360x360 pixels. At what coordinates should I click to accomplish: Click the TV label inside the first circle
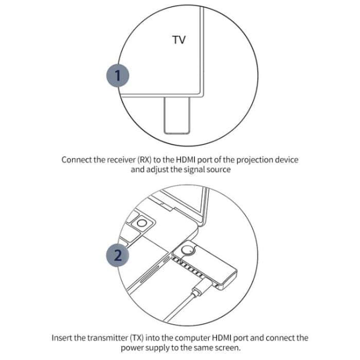[179, 40]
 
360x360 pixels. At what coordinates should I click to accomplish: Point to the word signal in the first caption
[191, 170]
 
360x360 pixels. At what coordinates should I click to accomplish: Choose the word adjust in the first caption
[158, 170]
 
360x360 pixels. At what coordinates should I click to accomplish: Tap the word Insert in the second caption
[63, 338]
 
